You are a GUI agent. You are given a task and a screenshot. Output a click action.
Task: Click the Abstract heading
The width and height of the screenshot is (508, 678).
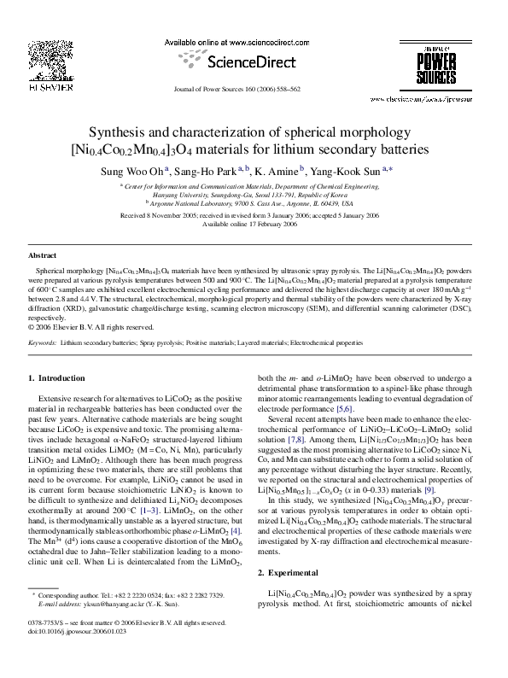click(42, 255)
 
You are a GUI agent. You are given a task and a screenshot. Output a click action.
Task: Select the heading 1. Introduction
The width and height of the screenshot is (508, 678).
click(58, 377)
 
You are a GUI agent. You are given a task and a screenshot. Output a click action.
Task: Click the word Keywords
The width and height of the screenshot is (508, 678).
click(42, 342)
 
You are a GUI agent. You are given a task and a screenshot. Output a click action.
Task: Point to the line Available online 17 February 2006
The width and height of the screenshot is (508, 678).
click(253, 223)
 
